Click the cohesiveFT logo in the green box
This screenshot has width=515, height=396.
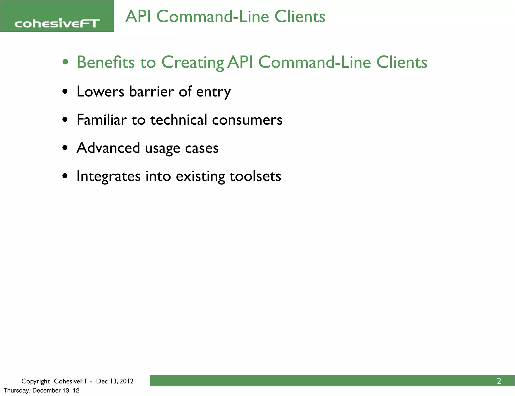coord(57,23)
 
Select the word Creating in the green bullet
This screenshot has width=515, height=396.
coord(193,63)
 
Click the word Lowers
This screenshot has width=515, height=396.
coord(100,91)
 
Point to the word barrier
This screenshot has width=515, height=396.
coord(151,91)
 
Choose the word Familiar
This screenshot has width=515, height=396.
coord(102,120)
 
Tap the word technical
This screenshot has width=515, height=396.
coord(179,120)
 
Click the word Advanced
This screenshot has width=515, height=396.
coord(108,148)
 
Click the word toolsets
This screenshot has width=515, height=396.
coord(255,176)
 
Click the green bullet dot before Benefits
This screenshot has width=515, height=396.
coord(65,62)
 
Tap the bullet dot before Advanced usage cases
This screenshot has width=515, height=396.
coord(65,148)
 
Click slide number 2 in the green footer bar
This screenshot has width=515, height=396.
coord(499,381)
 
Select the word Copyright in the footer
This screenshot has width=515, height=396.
coord(35,381)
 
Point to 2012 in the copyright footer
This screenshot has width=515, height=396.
coord(127,381)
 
